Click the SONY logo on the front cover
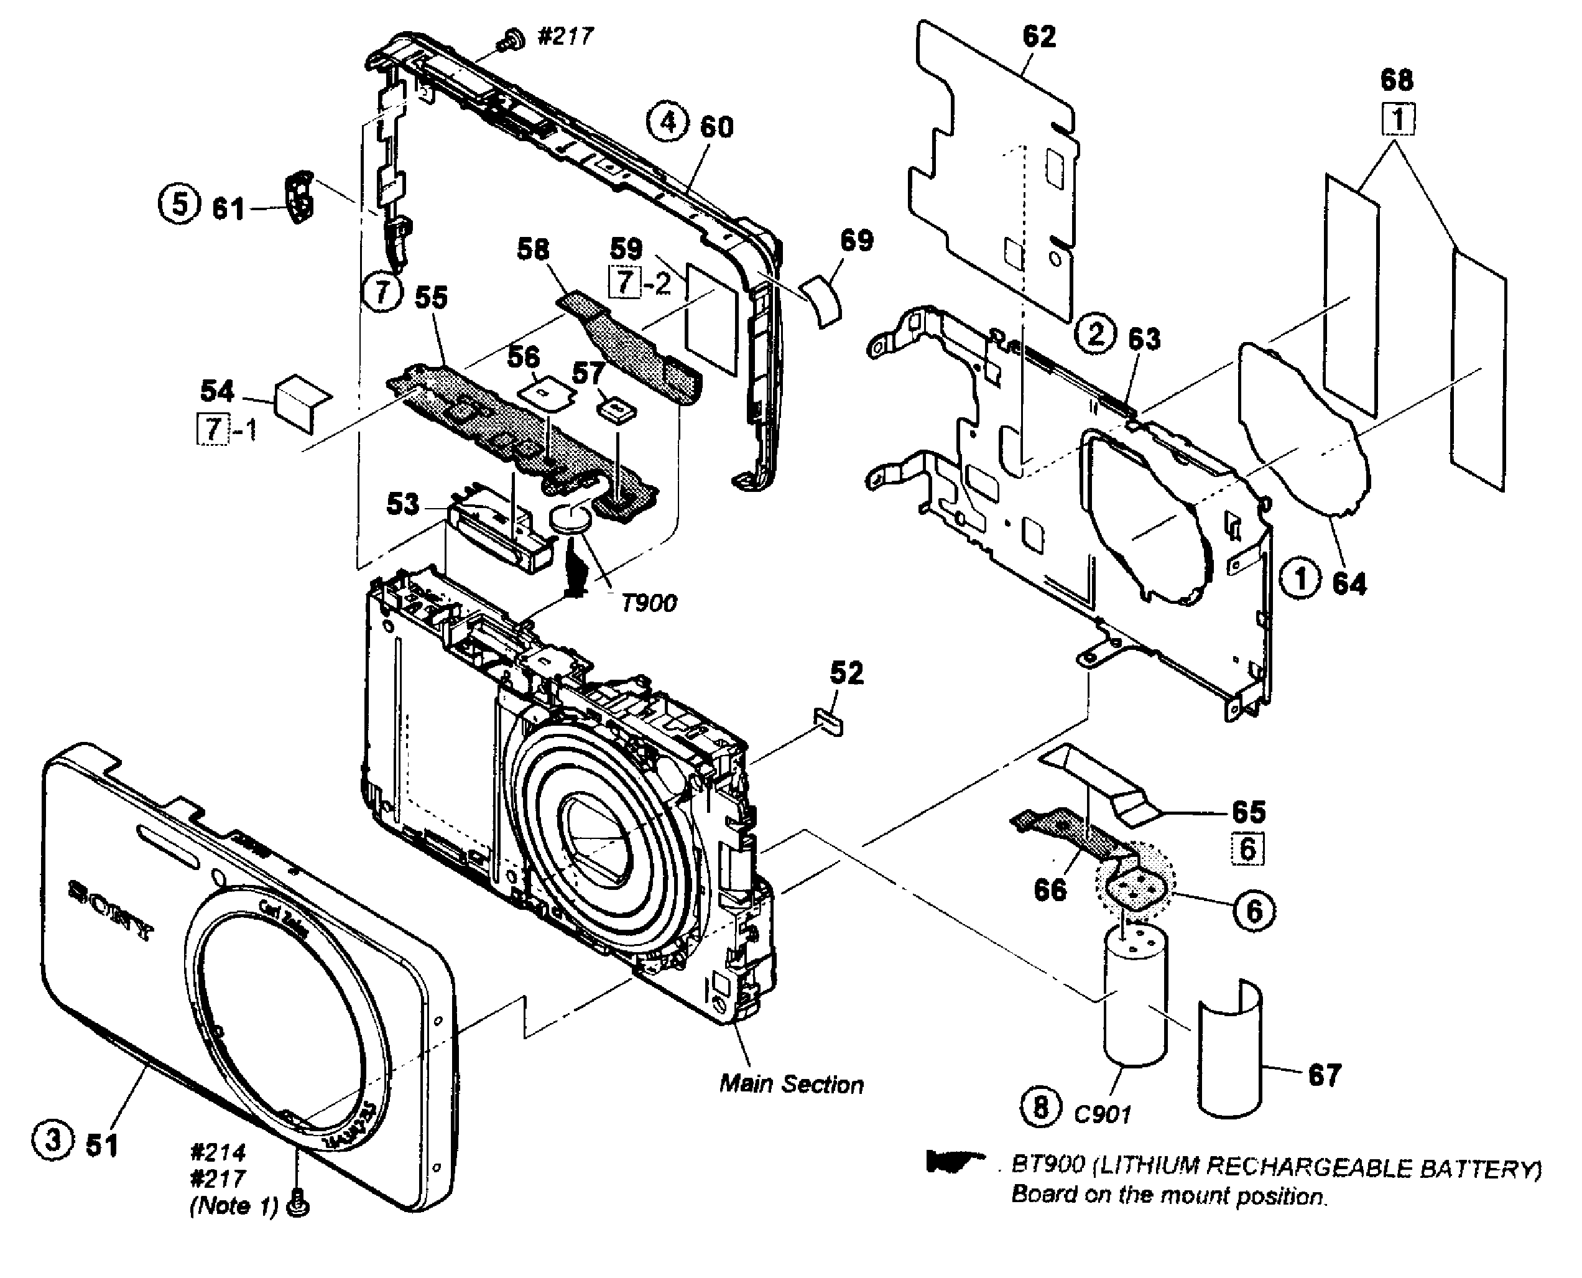point(111,910)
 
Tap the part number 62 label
point(1038,37)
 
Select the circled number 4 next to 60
point(667,123)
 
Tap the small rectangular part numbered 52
point(829,721)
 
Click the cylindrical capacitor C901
point(1135,994)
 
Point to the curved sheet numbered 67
point(1229,1045)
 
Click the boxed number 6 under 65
point(1247,849)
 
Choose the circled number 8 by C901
point(1041,1106)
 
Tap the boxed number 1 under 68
point(1397,119)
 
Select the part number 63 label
point(1144,340)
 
